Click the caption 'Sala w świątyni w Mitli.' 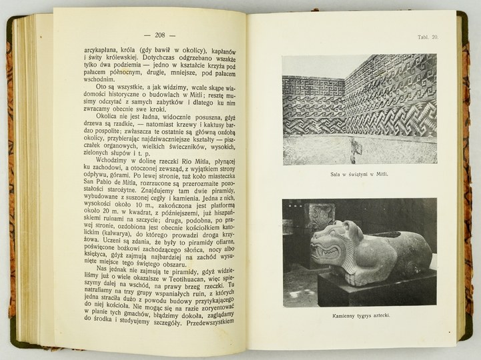pos(359,175)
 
